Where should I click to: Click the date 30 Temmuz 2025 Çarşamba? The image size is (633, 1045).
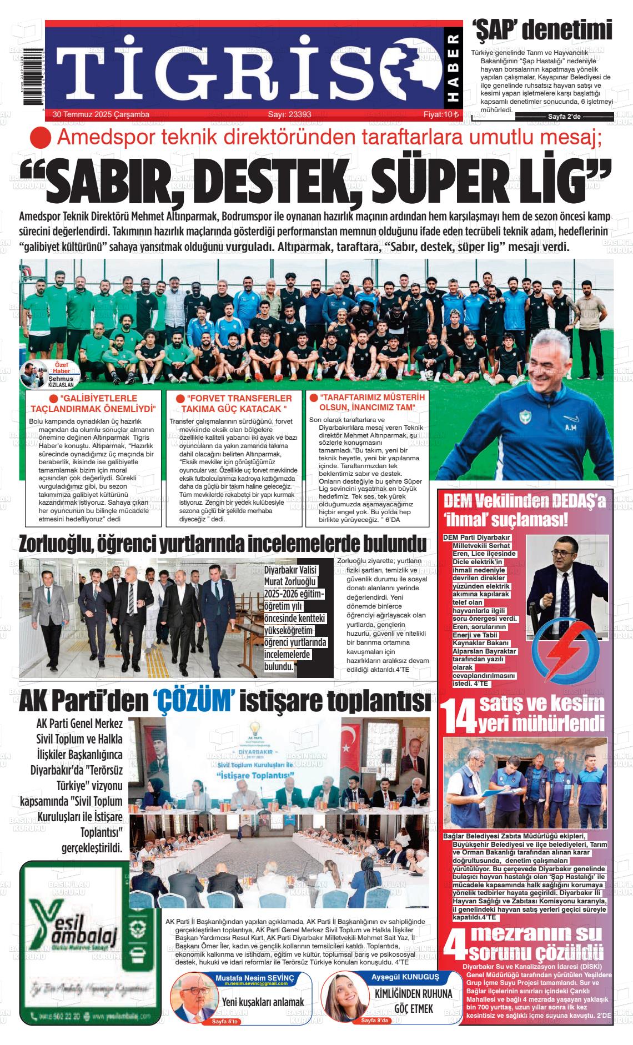click(101, 114)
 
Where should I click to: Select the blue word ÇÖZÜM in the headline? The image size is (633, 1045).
click(194, 701)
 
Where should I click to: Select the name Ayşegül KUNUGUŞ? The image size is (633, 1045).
click(405, 977)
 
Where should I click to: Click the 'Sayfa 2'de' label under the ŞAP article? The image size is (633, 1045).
click(564, 117)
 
